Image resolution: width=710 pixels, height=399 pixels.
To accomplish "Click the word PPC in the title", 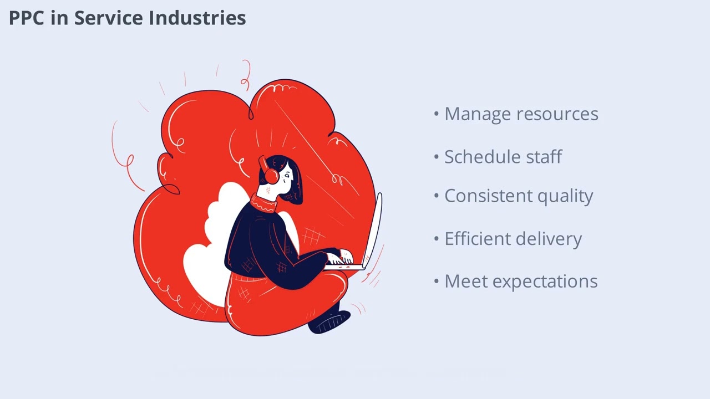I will (x=27, y=18).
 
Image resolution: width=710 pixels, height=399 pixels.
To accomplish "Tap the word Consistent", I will (x=485, y=196).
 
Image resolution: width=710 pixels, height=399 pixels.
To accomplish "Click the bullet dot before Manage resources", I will (x=437, y=114).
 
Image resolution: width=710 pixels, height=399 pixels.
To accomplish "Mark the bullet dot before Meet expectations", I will (x=437, y=281).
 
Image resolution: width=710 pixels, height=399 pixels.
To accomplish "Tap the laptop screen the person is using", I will (x=373, y=230).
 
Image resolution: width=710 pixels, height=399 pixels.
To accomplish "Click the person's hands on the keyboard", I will (x=339, y=258).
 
